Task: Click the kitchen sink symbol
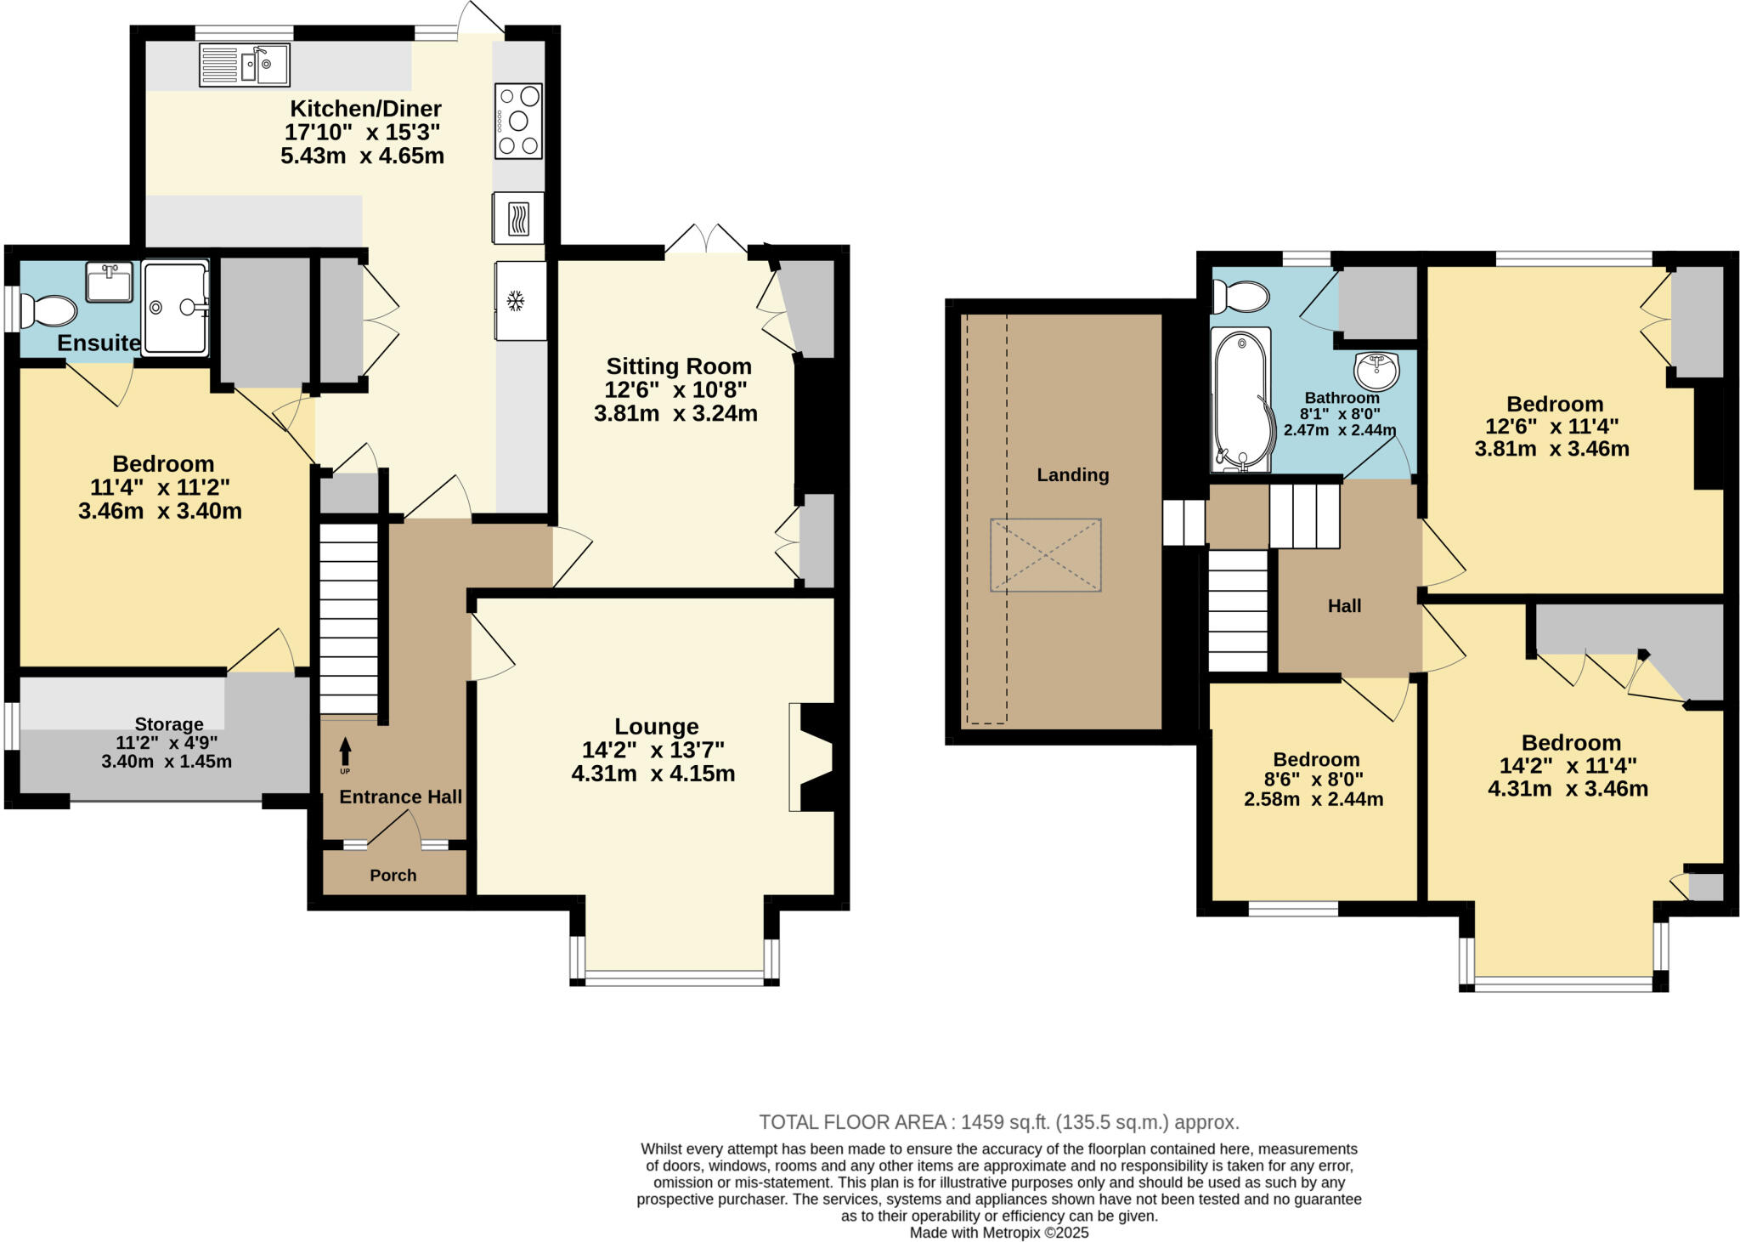coord(245,65)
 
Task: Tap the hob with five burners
coord(518,121)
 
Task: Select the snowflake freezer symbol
coord(514,300)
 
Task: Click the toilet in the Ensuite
coord(48,311)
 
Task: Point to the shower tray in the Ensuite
coord(175,308)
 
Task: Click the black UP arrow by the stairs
coord(345,752)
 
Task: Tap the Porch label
coord(393,875)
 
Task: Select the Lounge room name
coord(656,726)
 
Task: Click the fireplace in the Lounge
coord(811,757)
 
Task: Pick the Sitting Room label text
coord(678,366)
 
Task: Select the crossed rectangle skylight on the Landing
coord(1045,555)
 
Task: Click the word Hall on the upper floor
coord(1344,606)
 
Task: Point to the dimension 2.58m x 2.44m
coord(1313,799)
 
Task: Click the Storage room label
coord(169,724)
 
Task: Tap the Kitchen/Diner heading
coord(365,109)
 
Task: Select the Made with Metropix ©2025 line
coord(998,1233)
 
